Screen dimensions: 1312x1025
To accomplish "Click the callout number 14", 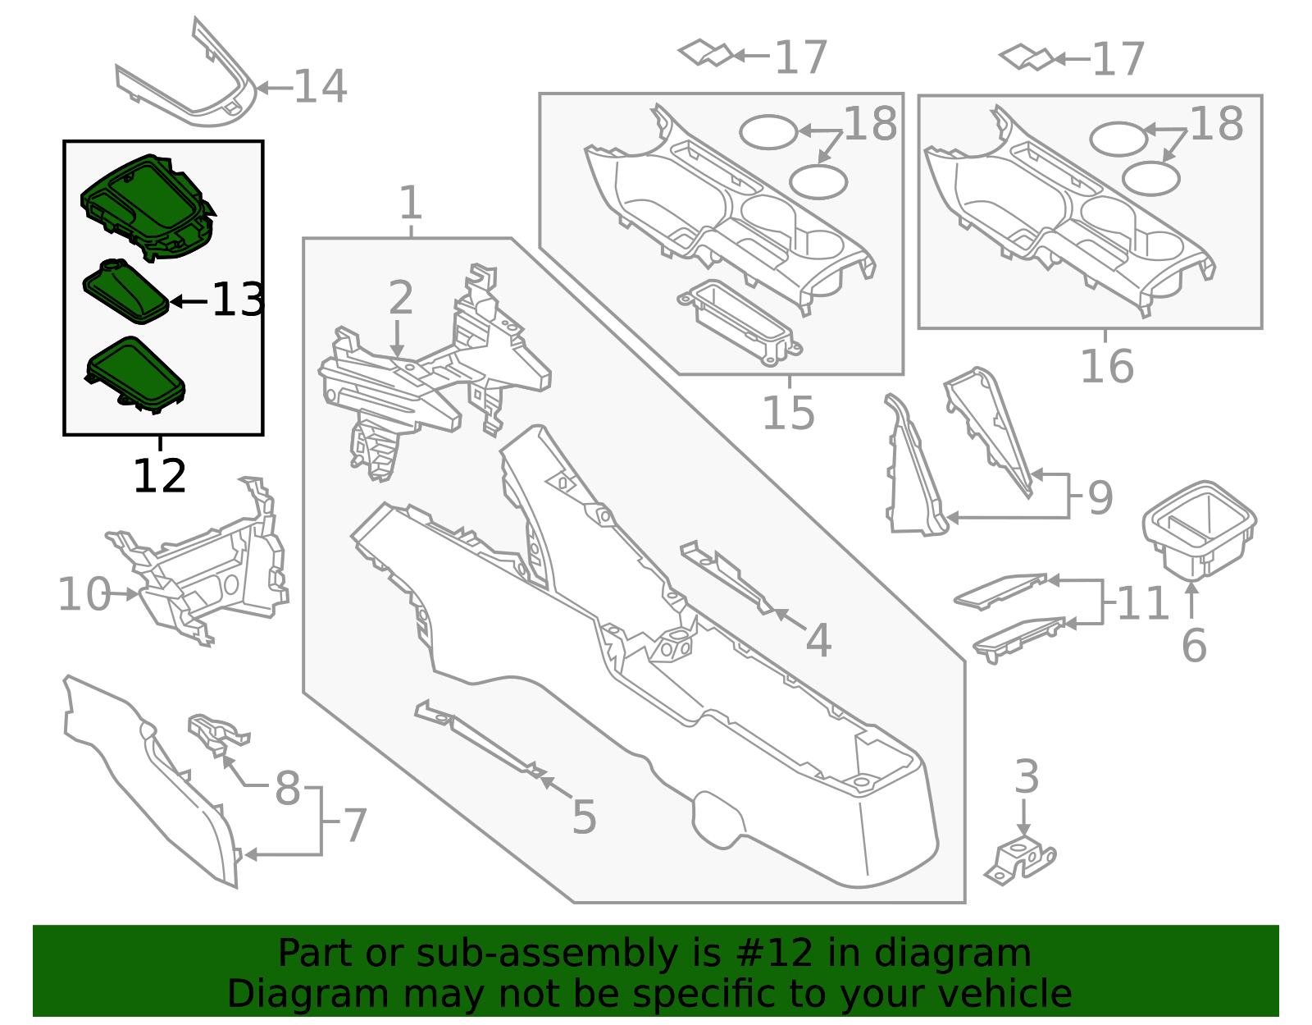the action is coord(321,86).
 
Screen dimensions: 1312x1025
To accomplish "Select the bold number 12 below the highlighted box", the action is coord(159,476).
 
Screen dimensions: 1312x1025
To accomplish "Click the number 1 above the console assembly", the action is coord(411,203).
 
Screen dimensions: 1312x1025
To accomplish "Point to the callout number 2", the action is coord(401,297).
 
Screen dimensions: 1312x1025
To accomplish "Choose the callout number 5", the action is coord(585,817).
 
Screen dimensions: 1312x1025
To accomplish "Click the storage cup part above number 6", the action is coord(1199,529).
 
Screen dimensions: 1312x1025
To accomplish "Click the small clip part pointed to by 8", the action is coord(218,734).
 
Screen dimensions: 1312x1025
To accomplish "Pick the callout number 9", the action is coord(1100,497).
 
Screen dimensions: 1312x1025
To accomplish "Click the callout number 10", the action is coord(84,593).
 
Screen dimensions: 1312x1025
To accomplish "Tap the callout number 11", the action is coord(1143,603).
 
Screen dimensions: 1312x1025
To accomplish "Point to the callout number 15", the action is coord(789,413).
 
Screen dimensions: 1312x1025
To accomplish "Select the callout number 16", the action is coord(1107,366).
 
